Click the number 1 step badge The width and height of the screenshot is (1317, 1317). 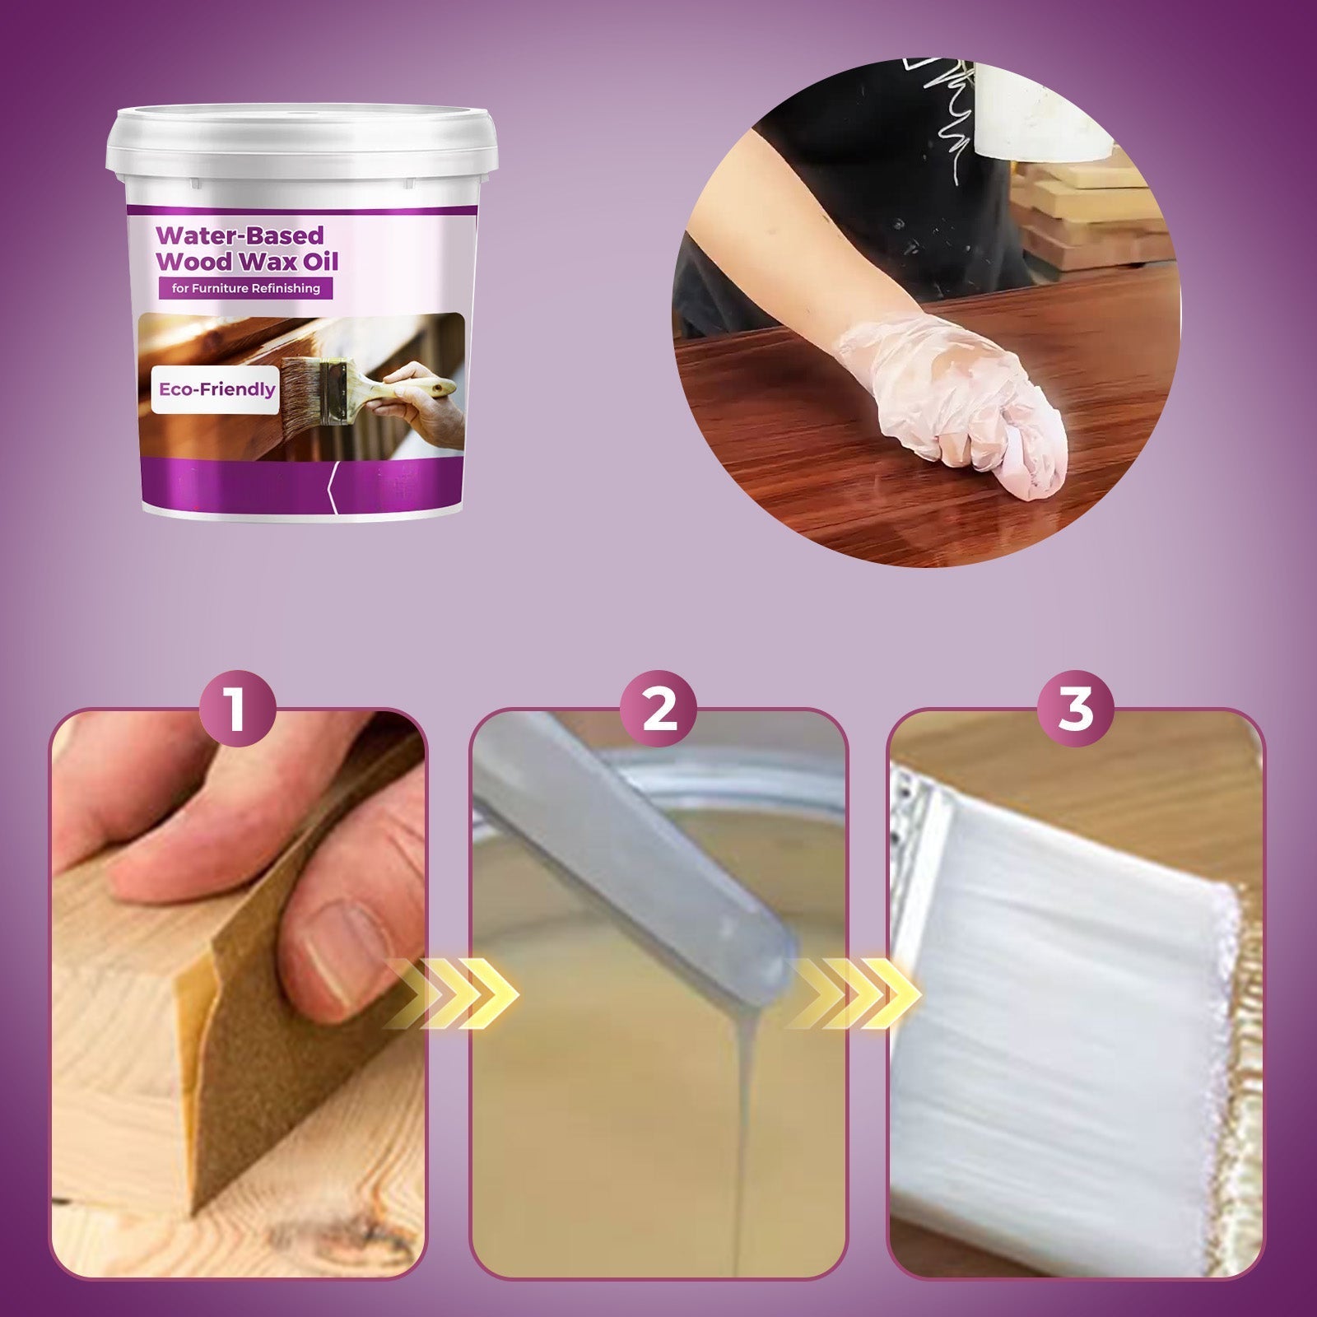pos(238,709)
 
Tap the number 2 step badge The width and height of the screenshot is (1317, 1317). pos(658,709)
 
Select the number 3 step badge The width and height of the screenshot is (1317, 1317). pos(1075,709)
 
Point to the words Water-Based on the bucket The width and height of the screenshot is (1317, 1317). pos(240,236)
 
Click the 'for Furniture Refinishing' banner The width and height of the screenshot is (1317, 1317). pos(240,289)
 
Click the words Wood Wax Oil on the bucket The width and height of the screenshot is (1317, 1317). pos(247,263)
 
